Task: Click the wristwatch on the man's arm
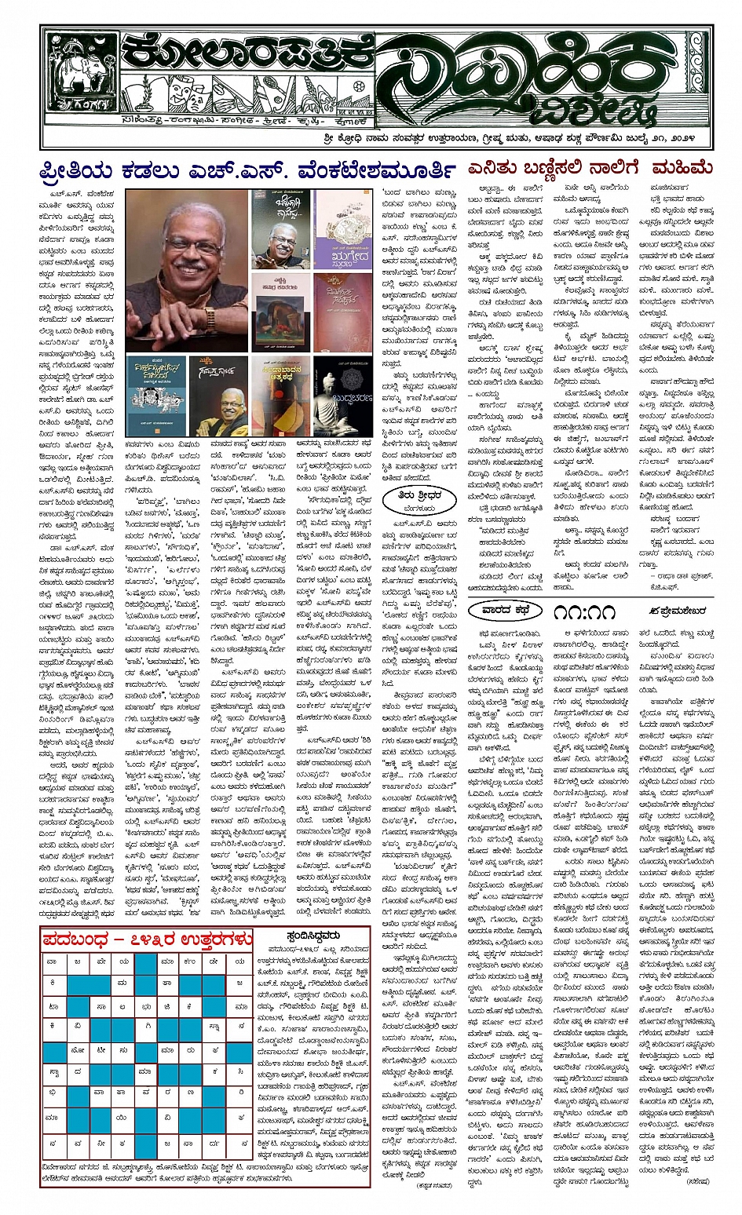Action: (x=210, y=317)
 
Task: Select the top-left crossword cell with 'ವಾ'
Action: (x=53, y=961)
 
